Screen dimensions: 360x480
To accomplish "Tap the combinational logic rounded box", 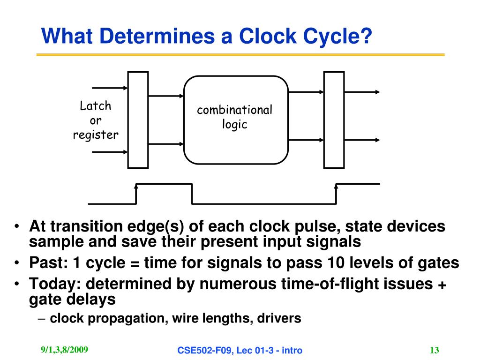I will tap(235, 120).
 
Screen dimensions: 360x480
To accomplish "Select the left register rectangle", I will tap(138, 120).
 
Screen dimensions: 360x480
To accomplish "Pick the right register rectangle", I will tap(334, 120).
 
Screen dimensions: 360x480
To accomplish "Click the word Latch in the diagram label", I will tap(96, 106).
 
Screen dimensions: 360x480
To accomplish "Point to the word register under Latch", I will tap(96, 135).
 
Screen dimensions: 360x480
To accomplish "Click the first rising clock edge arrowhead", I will tap(136, 187).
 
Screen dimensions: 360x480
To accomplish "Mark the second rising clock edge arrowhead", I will tap(336, 187).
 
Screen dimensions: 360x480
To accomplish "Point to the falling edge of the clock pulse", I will tap(192, 194).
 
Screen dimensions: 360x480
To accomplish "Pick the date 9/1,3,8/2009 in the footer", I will tap(64, 350).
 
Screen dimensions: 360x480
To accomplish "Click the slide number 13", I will tap(434, 350).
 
